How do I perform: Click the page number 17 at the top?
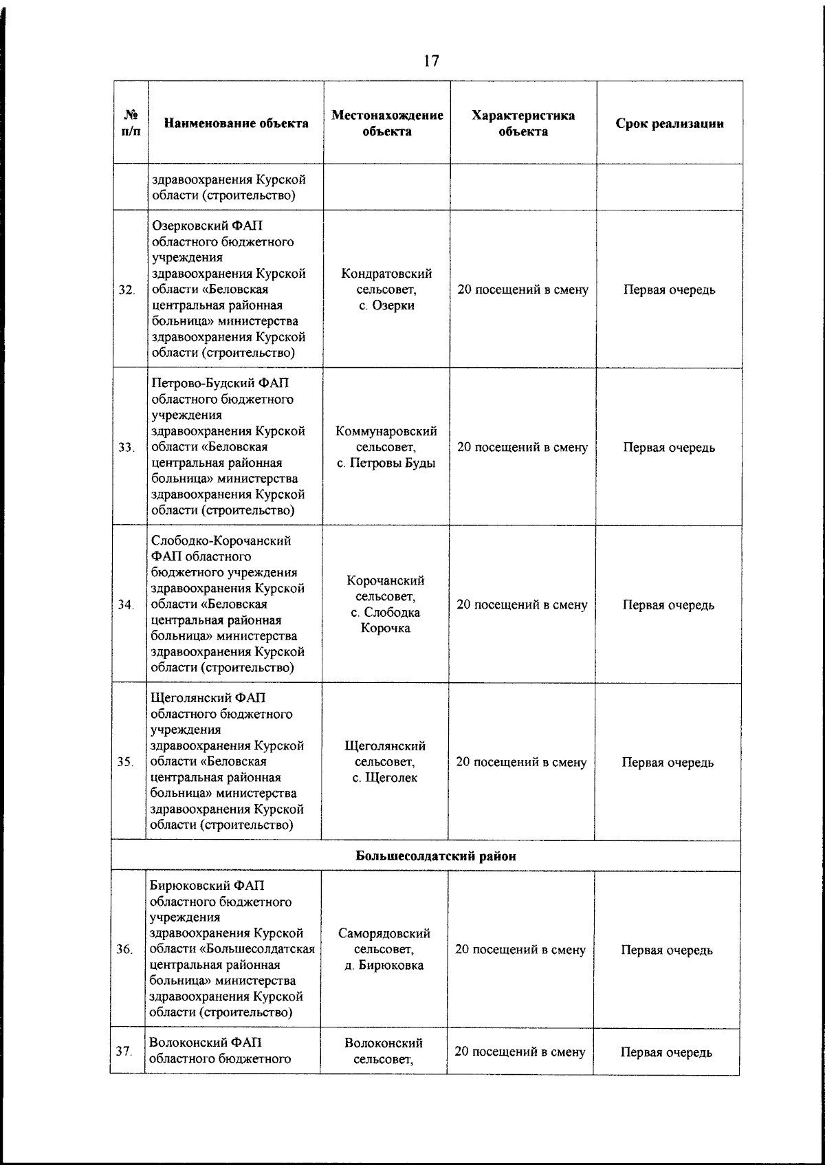(431, 61)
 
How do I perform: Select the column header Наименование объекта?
(236, 124)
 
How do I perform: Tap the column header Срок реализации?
(669, 124)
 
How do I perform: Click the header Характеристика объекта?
(522, 123)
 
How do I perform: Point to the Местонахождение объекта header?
(387, 123)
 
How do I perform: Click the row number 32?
(126, 290)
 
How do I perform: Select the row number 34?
(125, 605)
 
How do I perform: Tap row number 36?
(124, 950)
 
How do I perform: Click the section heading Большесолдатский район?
(435, 856)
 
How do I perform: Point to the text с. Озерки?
(386, 305)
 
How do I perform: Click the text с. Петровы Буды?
(386, 463)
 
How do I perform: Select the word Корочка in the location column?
(386, 628)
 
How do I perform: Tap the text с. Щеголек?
(385, 778)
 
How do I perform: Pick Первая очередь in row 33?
(668, 448)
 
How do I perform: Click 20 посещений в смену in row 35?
(521, 762)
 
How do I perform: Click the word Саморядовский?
(384, 933)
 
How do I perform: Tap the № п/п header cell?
(131, 124)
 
